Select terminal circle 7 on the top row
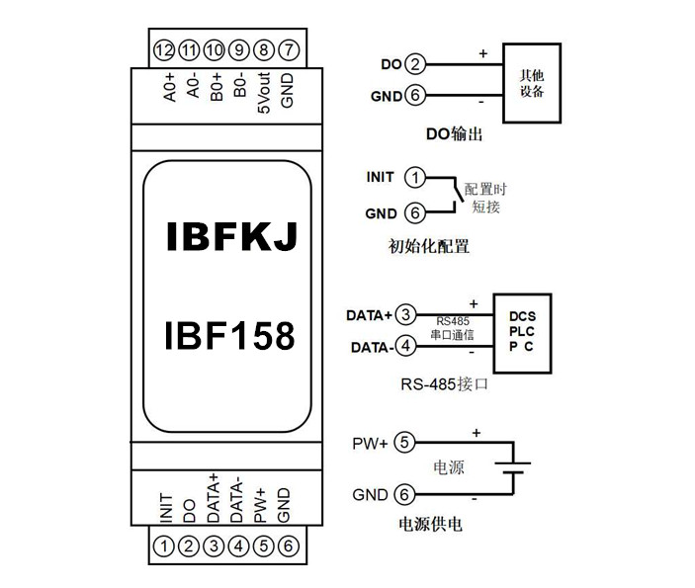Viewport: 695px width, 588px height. pyautogui.click(x=288, y=49)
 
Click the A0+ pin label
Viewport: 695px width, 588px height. pyautogui.click(x=169, y=89)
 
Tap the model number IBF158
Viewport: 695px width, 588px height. pyautogui.click(x=228, y=336)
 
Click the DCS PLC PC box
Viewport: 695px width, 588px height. pyautogui.click(x=522, y=332)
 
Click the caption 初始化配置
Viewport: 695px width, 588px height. pyautogui.click(x=429, y=246)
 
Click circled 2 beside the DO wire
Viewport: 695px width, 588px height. pyautogui.click(x=415, y=65)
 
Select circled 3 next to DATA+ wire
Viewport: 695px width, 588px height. pyautogui.click(x=405, y=315)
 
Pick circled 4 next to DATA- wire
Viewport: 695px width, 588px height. pyautogui.click(x=405, y=347)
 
